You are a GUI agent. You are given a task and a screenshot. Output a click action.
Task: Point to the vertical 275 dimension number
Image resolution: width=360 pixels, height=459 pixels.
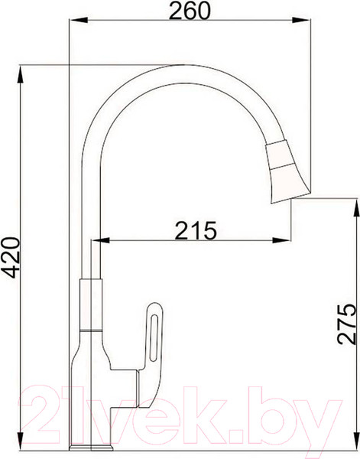click(348, 327)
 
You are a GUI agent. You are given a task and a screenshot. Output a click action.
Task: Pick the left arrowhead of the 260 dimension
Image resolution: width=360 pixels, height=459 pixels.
click(73, 24)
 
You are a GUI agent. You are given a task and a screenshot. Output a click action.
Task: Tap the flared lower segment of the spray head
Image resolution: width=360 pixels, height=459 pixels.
click(290, 180)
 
